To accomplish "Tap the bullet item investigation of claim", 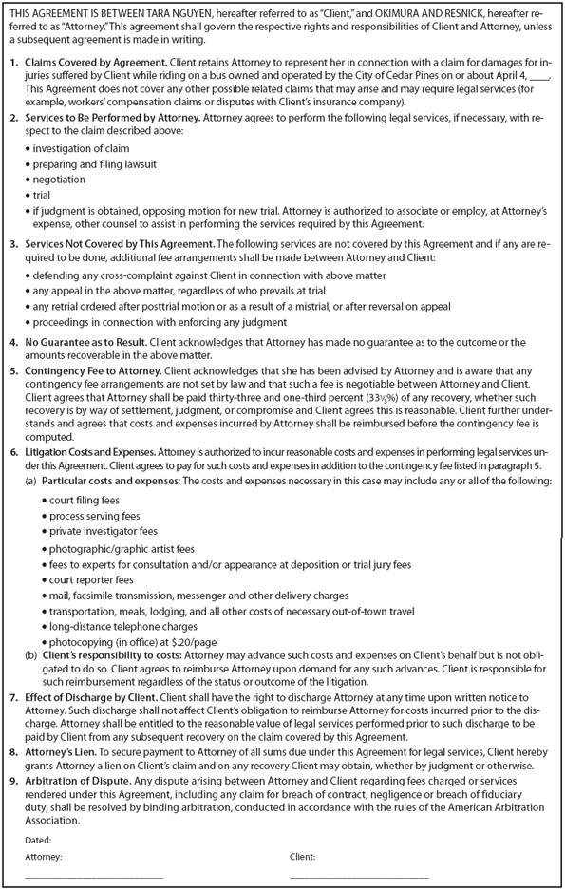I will [x=81, y=149].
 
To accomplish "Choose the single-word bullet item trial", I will [x=43, y=195].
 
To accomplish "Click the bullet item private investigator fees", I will [x=104, y=531].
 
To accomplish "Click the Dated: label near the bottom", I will [x=38, y=840].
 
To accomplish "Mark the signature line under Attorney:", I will [x=94, y=876].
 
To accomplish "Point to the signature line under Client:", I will [x=359, y=876].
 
